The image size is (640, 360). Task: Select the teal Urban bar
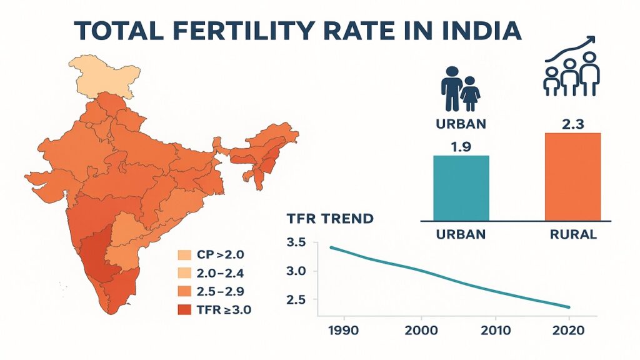[x=461, y=187]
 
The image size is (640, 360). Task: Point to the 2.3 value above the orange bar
[x=572, y=124]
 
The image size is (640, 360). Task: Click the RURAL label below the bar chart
[x=572, y=235]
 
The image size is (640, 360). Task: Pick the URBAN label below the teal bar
[x=461, y=235]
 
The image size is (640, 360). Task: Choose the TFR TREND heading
[x=330, y=219]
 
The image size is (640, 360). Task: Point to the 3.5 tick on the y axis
[x=297, y=242]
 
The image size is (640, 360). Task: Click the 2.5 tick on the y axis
[x=297, y=300]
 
